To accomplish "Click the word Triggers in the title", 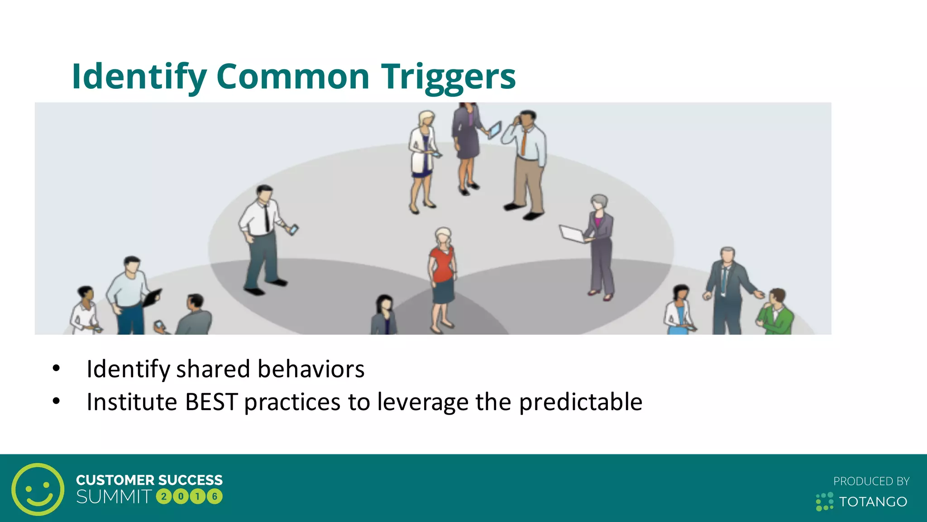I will (x=448, y=77).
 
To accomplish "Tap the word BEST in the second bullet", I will (x=211, y=402).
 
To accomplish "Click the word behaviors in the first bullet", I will (x=311, y=369).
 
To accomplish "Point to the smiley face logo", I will (x=38, y=489).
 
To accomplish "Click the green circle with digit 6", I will (x=215, y=497).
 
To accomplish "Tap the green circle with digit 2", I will (x=164, y=497).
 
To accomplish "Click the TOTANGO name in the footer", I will (x=873, y=502).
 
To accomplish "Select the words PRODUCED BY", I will (x=871, y=481).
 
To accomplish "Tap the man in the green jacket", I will (x=776, y=313).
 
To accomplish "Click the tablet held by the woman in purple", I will (x=495, y=130).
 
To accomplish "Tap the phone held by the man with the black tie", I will (x=294, y=229).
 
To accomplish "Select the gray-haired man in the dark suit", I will (x=726, y=290).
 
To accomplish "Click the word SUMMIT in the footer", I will (x=114, y=497).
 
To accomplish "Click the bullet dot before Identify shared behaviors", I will (x=56, y=368).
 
